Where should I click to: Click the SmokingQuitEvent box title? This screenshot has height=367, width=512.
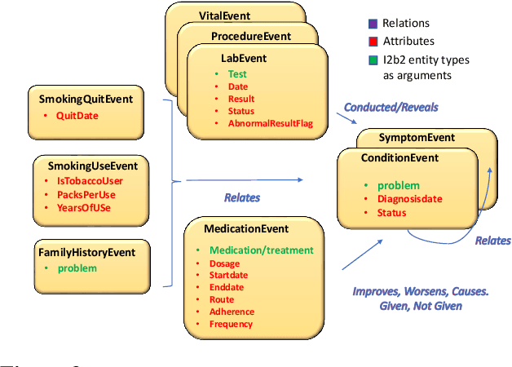[x=86, y=99]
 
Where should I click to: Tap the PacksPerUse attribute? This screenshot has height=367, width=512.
[x=86, y=194]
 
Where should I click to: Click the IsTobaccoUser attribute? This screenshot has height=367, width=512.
[x=87, y=181]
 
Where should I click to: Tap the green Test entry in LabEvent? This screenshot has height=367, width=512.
[x=237, y=74]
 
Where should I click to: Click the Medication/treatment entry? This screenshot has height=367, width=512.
[x=261, y=250]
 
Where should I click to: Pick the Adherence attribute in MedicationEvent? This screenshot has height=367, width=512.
[x=232, y=312]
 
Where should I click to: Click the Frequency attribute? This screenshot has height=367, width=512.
[x=231, y=324]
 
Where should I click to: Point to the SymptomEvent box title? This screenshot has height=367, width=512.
[x=417, y=138]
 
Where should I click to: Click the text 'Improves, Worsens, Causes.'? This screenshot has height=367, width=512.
[x=420, y=292]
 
